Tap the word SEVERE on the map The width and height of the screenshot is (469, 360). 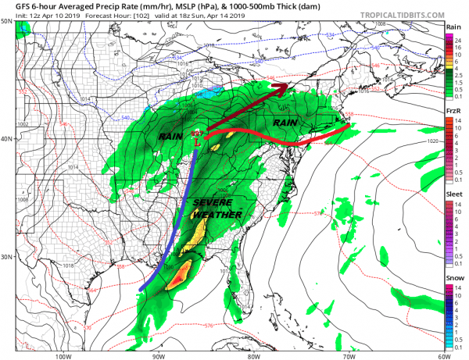click(x=210, y=202)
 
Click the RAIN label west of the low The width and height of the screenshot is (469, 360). click(x=170, y=137)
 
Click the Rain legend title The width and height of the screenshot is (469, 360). click(x=453, y=27)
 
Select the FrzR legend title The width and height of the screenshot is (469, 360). click(x=453, y=112)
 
